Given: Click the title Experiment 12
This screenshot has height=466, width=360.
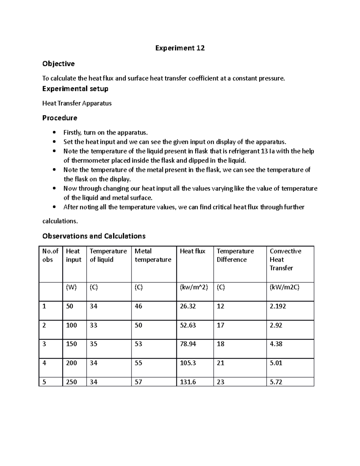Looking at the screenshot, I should click(180, 48).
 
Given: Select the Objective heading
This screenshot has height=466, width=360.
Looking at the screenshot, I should click(58, 64).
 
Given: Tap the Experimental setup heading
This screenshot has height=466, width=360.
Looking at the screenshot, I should click(75, 89).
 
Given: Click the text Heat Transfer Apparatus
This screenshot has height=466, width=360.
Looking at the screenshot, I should click(77, 104).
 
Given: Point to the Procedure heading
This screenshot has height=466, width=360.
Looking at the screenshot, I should click(59, 118).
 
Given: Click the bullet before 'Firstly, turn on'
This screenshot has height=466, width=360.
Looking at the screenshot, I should click(54, 133).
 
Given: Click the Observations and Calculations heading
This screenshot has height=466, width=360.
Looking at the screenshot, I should click(94, 236).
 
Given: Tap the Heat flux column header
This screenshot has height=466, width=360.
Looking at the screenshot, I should click(192, 251).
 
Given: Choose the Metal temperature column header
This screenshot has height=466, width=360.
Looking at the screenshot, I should click(153, 255).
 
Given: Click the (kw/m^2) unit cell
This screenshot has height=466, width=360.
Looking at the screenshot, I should click(193, 287).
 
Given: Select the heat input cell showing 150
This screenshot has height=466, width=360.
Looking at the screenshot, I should click(71, 344).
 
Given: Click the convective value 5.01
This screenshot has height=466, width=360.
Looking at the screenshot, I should click(276, 363).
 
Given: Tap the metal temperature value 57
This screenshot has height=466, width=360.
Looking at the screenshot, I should click(138, 382).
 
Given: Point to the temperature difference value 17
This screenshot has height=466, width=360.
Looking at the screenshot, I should click(220, 325).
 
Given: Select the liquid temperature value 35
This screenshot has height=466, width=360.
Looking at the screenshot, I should click(93, 344).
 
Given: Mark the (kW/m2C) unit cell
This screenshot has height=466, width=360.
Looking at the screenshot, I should click(284, 287).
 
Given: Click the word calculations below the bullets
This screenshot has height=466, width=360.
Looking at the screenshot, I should click(60, 221).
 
